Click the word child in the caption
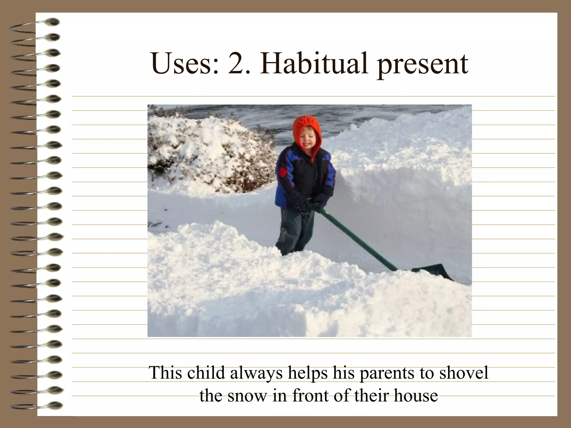(206, 373)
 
